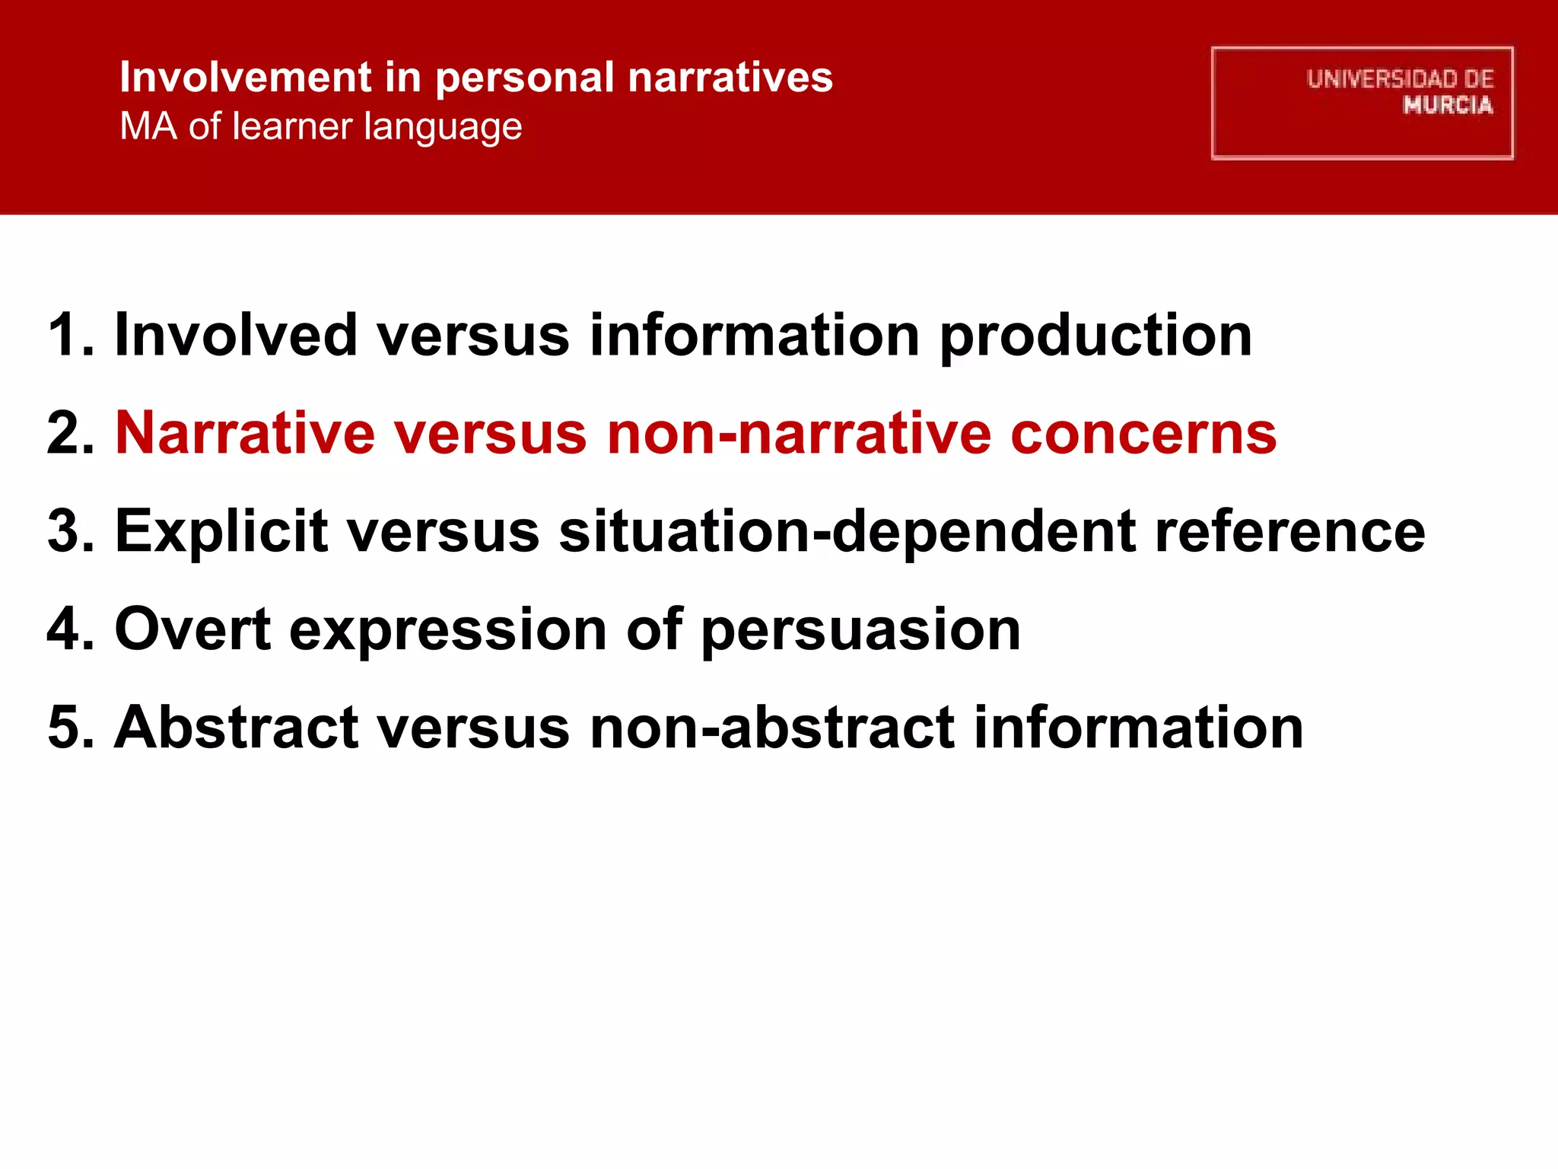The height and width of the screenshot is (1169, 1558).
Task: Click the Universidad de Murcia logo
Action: point(1362,103)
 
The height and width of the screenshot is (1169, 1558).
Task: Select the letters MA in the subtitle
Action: point(148,126)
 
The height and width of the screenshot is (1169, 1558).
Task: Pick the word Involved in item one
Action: point(236,335)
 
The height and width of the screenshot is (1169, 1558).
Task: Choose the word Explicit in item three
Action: point(221,532)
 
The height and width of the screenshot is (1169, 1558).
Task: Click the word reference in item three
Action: point(1289,532)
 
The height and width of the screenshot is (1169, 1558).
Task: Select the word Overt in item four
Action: point(192,629)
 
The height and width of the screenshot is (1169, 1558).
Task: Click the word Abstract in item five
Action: point(236,728)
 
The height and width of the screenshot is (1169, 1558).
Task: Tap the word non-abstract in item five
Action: point(772,728)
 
